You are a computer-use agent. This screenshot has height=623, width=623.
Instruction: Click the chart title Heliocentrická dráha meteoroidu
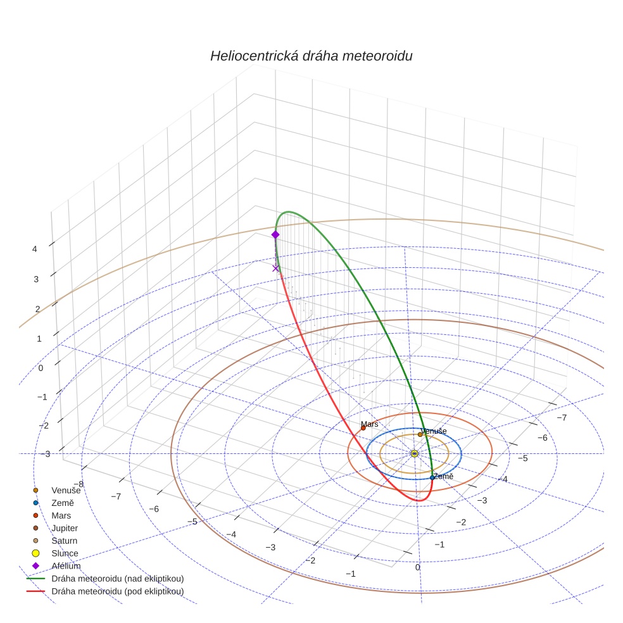(311, 56)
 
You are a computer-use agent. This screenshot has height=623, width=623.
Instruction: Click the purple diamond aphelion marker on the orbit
(275, 234)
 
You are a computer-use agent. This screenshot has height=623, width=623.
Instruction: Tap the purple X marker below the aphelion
(275, 268)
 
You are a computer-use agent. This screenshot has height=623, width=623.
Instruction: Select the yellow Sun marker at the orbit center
(414, 453)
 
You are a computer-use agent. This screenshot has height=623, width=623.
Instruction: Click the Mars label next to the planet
(369, 424)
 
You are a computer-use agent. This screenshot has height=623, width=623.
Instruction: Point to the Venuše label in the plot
(434, 431)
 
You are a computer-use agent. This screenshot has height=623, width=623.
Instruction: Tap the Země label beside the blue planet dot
(443, 476)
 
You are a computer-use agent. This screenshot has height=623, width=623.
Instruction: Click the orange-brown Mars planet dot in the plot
(363, 428)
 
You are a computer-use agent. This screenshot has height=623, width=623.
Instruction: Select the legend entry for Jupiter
(65, 528)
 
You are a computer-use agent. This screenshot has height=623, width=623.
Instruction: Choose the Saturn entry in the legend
(64, 541)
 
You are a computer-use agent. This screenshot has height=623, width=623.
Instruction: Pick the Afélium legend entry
(66, 566)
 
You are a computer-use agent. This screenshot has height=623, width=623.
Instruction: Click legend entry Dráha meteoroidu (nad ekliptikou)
(117, 579)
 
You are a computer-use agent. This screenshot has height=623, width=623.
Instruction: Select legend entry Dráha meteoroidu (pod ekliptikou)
(117, 591)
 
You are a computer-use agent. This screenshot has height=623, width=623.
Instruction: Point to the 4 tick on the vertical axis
(35, 249)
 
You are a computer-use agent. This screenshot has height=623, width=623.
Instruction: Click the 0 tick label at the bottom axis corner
(417, 567)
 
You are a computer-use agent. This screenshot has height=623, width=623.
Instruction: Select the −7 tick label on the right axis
(561, 417)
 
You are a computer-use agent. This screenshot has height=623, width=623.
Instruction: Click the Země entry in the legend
(63, 503)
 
